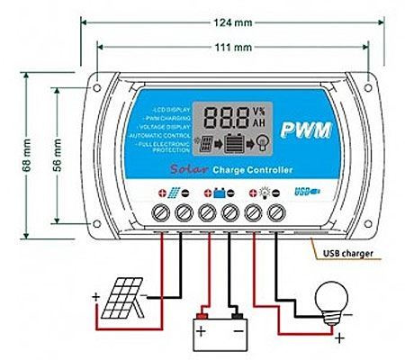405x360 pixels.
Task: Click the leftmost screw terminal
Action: pyautogui.click(x=163, y=214)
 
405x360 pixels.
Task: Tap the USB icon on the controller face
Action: pyautogui.click(x=307, y=191)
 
